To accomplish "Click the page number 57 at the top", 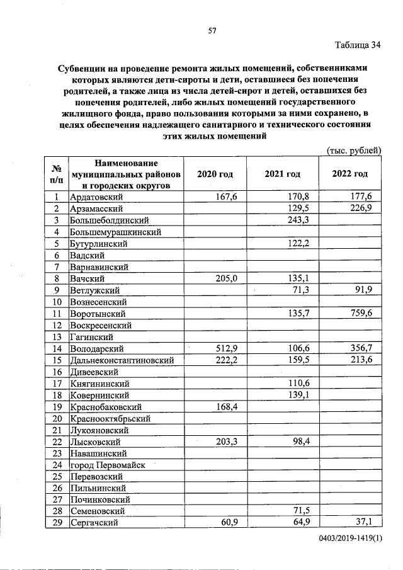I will click(x=212, y=31).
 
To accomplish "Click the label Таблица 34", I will click(x=358, y=45).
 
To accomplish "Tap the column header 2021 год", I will click(x=283, y=174).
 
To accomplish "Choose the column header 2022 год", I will click(x=350, y=174).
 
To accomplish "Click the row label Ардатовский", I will click(x=96, y=197).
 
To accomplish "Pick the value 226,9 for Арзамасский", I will click(x=362, y=208).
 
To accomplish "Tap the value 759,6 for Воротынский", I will click(x=362, y=313).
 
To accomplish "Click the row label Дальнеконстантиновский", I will click(x=122, y=360).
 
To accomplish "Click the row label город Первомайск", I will click(x=108, y=465).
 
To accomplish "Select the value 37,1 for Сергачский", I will click(x=365, y=523).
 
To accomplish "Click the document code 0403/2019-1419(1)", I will click(x=350, y=541).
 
